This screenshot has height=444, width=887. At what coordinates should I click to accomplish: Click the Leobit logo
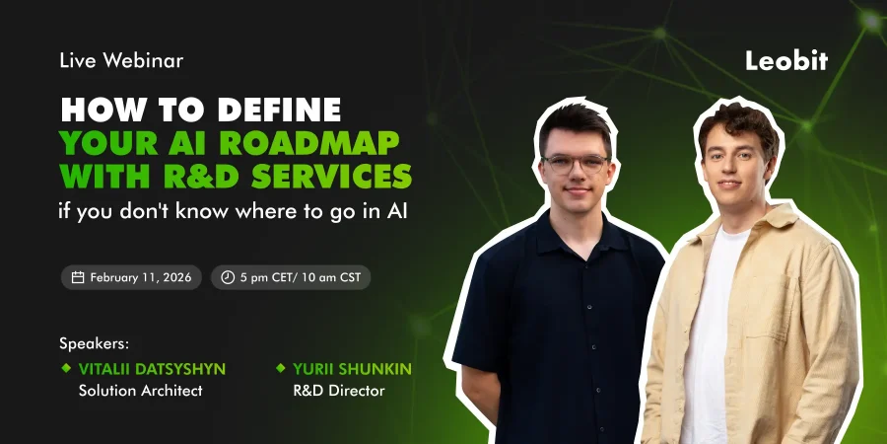click(786, 60)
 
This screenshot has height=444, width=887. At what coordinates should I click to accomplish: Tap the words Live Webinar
click(121, 60)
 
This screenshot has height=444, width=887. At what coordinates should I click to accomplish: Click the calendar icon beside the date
click(78, 277)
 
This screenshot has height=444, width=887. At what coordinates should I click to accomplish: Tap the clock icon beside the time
click(228, 277)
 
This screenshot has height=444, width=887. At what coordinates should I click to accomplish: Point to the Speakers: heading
click(95, 344)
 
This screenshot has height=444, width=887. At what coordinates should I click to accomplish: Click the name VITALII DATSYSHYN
click(152, 369)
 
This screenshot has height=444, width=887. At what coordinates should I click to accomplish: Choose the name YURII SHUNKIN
click(352, 369)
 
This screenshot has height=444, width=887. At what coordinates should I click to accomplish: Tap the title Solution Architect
click(140, 391)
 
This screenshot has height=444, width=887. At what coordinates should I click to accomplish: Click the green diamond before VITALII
click(66, 368)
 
